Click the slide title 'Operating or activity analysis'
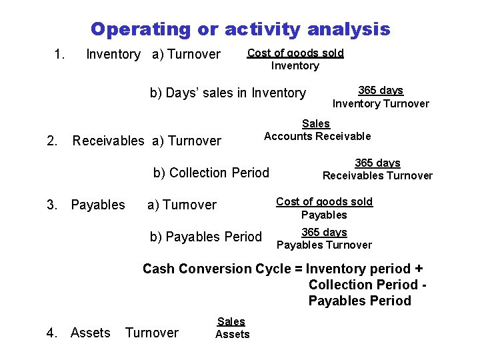[240, 29]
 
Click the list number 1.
[59, 53]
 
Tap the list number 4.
[52, 332]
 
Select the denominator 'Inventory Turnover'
[381, 103]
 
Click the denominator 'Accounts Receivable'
[317, 136]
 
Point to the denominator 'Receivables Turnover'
[377, 176]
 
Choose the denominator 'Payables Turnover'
[324, 245]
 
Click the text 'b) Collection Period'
[211, 173]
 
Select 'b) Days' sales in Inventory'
[227, 93]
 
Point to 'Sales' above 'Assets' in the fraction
[231, 321]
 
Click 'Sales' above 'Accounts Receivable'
[316, 123]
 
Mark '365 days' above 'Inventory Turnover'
[381, 90]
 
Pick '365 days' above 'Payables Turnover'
[324, 232]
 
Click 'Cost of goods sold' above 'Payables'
[324, 201]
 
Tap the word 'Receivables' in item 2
[108, 141]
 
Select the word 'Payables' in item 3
[97, 205]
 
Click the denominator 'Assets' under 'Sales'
[232, 334]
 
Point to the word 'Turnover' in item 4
[152, 332]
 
